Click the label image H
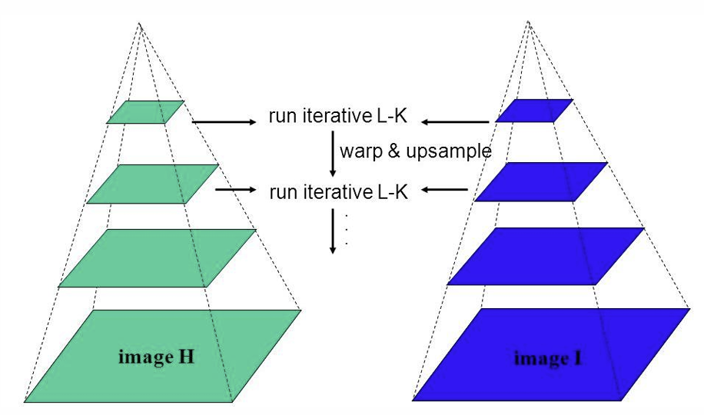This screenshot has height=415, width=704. click(x=154, y=357)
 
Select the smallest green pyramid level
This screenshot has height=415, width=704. click(x=145, y=112)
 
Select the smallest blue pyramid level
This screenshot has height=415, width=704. click(x=535, y=111)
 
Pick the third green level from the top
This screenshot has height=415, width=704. click(x=158, y=258)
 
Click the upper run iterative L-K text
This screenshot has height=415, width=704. click(x=337, y=117)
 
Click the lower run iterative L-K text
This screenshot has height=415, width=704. click(x=337, y=192)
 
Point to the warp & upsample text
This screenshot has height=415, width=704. click(x=414, y=151)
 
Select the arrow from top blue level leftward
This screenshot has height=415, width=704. click(x=454, y=121)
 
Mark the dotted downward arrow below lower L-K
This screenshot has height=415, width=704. click(x=333, y=231)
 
